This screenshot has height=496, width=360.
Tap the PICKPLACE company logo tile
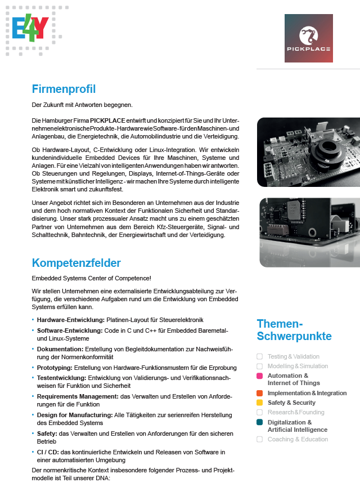[308, 38]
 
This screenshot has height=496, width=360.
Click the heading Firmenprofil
[64, 89]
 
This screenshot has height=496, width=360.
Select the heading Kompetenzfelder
[76, 263]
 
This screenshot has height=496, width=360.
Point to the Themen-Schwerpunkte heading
[294, 330]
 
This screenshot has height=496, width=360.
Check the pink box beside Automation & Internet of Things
[259, 376]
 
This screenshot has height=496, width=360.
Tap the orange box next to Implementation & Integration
[259, 393]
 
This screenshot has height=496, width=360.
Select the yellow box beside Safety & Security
[259, 403]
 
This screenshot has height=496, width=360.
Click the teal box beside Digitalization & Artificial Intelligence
[259, 422]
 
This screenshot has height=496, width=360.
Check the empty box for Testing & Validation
[259, 356]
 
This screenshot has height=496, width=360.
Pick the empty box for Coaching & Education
[259, 439]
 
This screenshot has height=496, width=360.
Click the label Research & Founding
[295, 412]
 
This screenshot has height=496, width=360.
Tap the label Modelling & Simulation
[298, 366]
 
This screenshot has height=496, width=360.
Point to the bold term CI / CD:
[49, 453]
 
